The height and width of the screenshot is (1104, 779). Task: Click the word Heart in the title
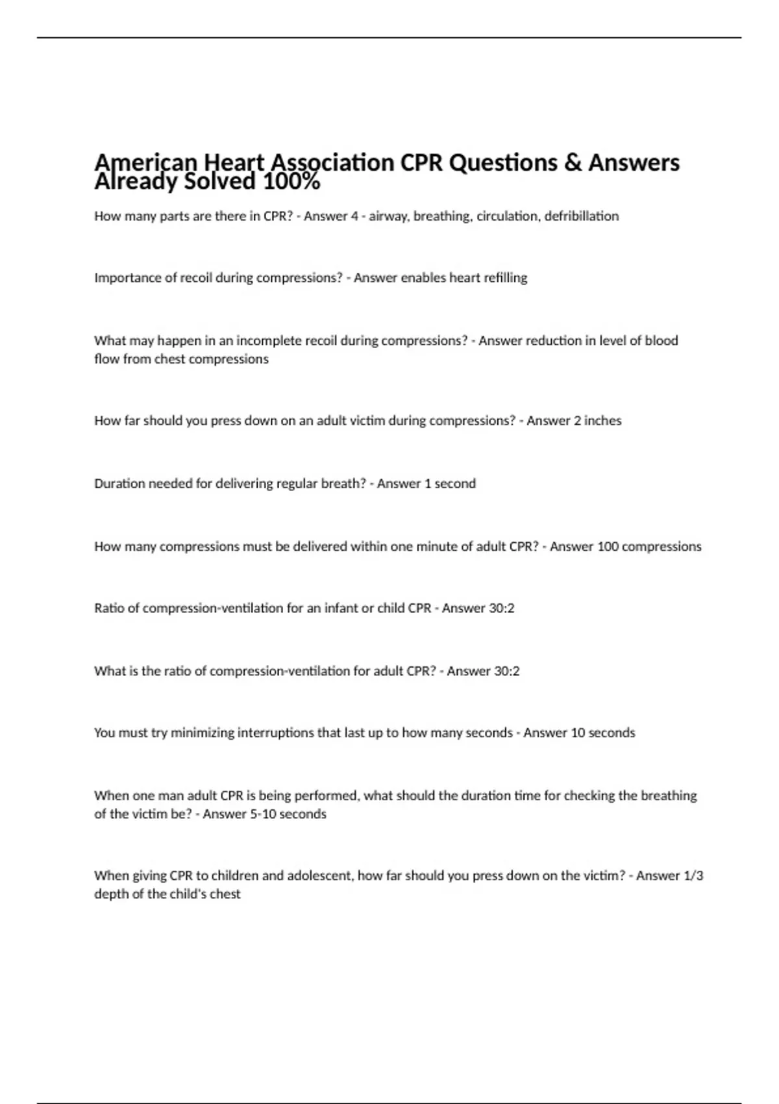point(234,162)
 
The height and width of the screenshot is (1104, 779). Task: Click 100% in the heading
point(291,182)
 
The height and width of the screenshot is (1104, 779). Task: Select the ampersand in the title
point(573,162)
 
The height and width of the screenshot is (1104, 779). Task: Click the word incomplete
point(267,341)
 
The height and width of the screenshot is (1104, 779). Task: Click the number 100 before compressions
point(608,547)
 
